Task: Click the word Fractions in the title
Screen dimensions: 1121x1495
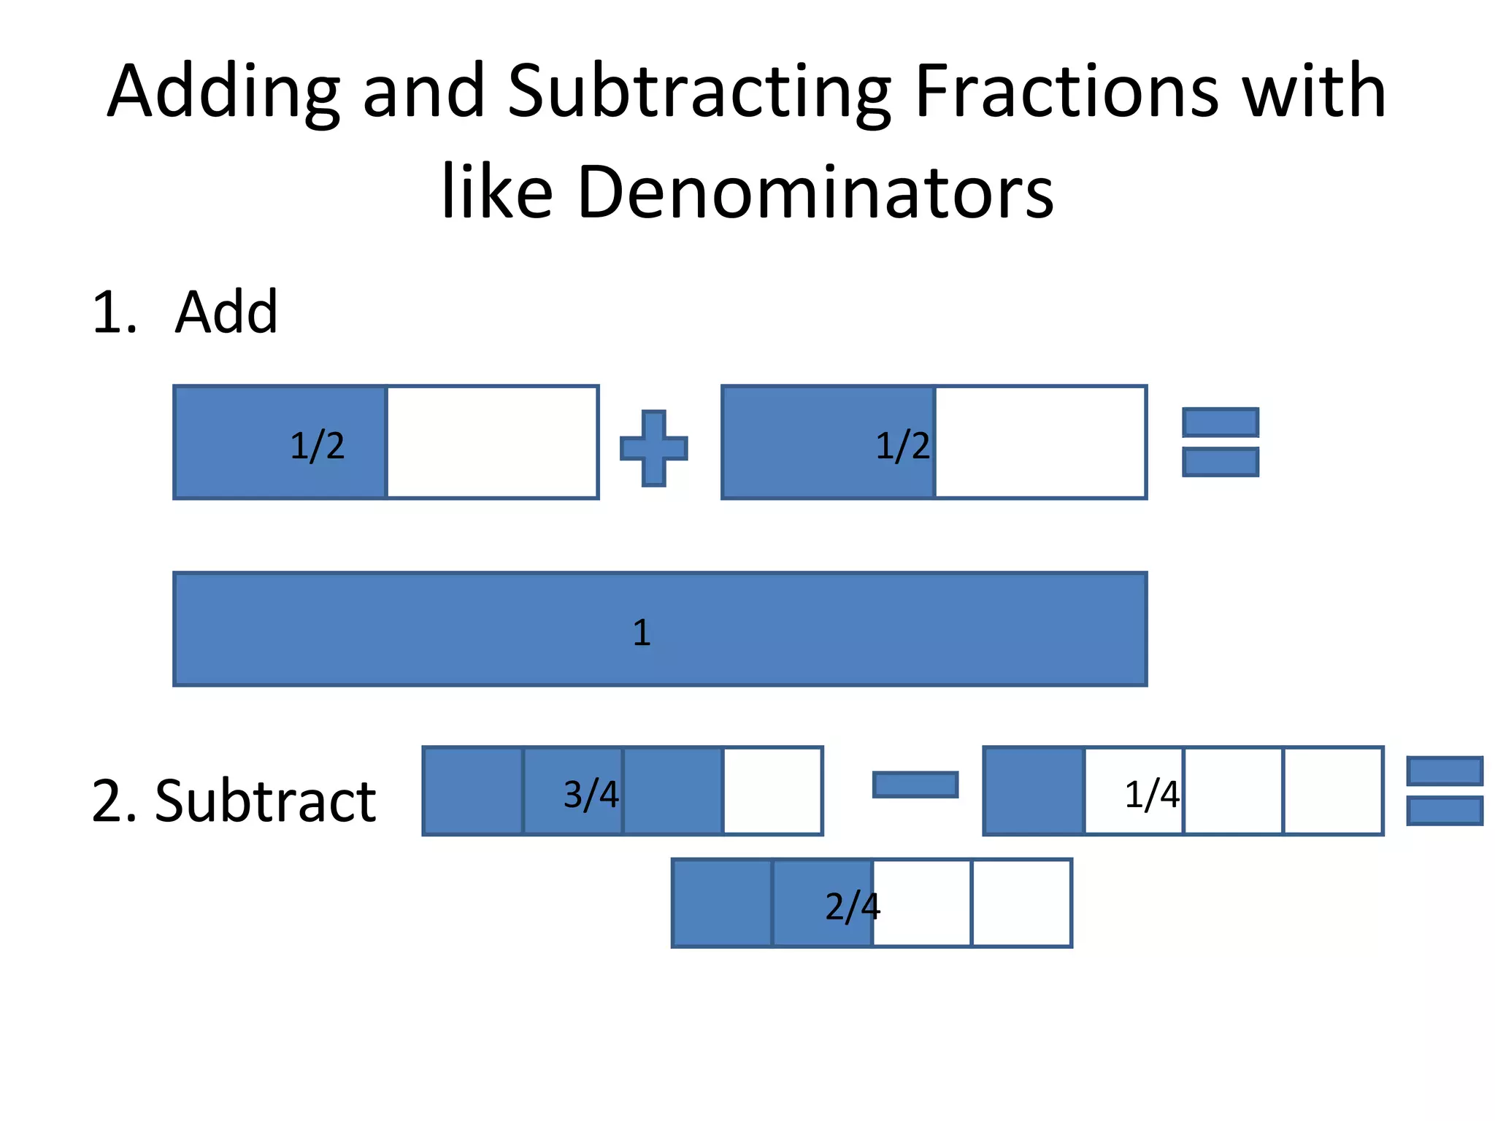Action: (x=1066, y=92)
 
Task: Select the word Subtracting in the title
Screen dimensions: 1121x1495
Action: (x=699, y=93)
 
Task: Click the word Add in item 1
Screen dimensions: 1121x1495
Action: (x=226, y=312)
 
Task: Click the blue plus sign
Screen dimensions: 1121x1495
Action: (x=653, y=448)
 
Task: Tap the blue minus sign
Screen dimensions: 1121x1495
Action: (x=915, y=785)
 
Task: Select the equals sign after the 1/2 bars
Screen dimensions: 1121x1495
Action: (x=1220, y=442)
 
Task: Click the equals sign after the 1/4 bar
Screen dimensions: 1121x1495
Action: (x=1444, y=791)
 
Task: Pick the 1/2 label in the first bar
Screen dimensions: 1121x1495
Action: (x=317, y=445)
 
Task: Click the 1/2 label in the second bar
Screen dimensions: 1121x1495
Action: (x=902, y=445)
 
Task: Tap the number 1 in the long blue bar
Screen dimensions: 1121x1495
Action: (x=641, y=632)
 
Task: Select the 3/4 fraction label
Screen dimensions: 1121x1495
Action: (x=591, y=794)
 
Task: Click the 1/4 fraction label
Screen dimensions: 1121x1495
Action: (x=1151, y=794)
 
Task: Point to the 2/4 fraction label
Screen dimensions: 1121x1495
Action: (x=852, y=906)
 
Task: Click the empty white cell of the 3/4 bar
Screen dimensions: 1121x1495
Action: (x=772, y=790)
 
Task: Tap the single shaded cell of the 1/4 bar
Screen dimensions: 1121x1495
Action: (x=1034, y=790)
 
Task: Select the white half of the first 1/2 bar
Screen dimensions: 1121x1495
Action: (x=492, y=442)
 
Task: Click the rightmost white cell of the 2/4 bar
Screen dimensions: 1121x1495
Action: (x=1021, y=903)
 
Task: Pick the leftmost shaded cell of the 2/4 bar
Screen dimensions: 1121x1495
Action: (x=722, y=903)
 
